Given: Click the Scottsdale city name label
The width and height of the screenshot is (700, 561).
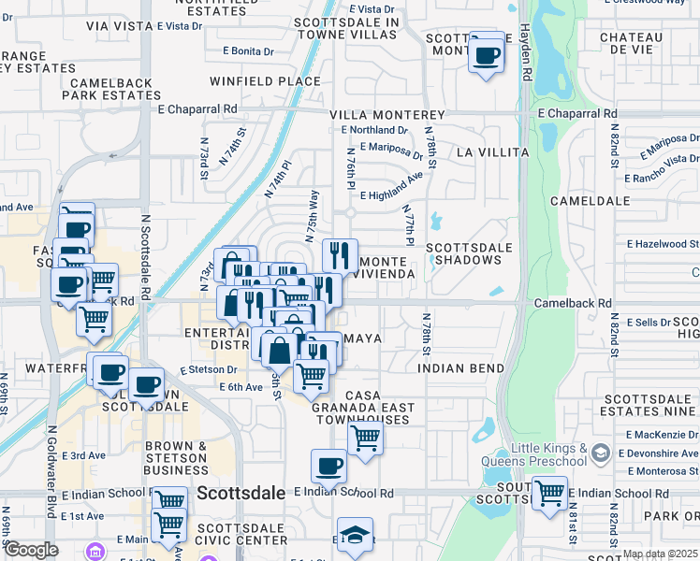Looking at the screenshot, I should tap(241, 493).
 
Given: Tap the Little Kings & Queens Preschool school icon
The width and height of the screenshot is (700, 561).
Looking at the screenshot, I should tap(601, 454).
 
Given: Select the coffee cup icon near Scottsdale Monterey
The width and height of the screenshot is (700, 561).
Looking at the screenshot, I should tap(485, 56).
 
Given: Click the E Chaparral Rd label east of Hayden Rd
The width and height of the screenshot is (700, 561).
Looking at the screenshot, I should tap(578, 113).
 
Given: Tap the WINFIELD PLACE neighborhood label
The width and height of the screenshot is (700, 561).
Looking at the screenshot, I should tap(265, 81).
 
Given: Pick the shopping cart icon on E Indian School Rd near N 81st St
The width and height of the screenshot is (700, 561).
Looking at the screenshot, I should tap(549, 491).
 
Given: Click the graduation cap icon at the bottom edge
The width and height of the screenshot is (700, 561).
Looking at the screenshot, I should tap(355, 536).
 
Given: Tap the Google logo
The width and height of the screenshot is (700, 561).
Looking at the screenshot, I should tap(31, 550).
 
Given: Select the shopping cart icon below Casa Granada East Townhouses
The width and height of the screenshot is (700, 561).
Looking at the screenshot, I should tap(365, 438).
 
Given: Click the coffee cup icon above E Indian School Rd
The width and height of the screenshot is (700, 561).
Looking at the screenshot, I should tap(328, 465).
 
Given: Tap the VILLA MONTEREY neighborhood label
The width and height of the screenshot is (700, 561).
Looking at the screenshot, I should tap(386, 114).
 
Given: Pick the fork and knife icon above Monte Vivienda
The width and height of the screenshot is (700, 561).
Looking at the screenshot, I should tap(340, 254).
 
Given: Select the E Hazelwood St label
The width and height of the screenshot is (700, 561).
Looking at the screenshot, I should tap(663, 244).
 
